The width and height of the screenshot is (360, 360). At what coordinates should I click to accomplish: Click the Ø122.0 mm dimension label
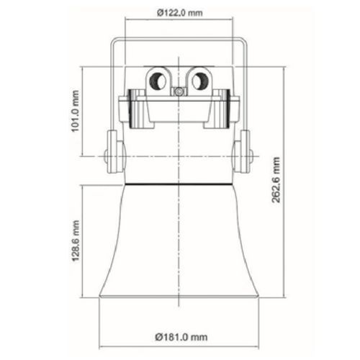[180, 12]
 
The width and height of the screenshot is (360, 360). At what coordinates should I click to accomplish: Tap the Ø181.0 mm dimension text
[181, 337]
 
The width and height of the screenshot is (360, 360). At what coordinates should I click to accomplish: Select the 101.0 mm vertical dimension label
[76, 111]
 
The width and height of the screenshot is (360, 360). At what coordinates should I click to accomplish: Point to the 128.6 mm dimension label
[76, 240]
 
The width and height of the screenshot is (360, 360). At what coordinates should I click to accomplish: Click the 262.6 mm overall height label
[276, 180]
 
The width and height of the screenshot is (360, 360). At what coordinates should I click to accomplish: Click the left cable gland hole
[158, 81]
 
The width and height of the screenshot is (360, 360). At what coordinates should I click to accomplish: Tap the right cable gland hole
[200, 81]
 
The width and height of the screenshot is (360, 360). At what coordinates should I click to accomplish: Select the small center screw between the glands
[179, 91]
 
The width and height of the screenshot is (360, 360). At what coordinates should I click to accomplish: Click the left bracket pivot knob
[106, 156]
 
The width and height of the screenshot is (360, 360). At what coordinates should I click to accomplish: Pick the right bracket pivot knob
[251, 156]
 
